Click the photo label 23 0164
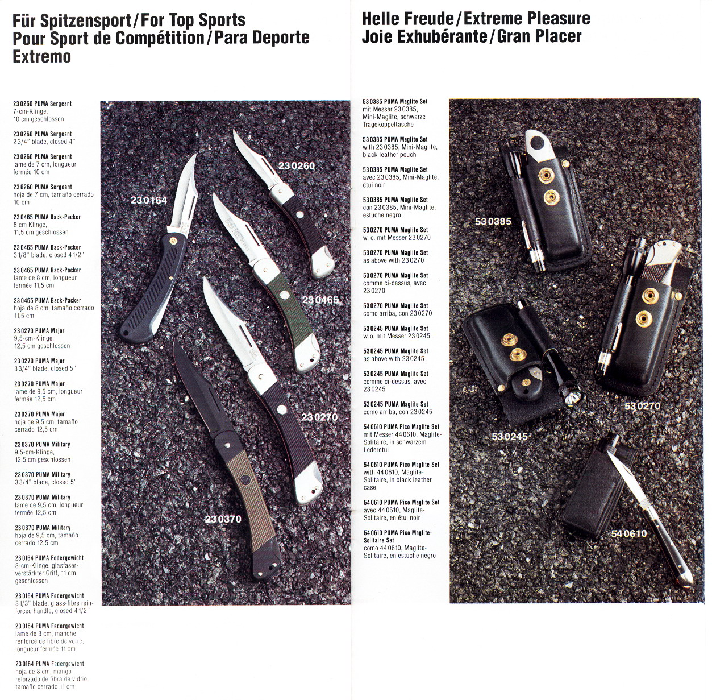point(148,200)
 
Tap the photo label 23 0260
point(297,166)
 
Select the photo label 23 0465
point(320,300)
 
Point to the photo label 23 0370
point(223,519)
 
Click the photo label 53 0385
point(493,222)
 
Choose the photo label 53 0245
point(510,437)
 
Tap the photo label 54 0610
point(629,533)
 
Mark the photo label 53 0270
point(642,407)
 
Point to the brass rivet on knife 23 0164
point(172,241)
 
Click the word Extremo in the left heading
point(41,56)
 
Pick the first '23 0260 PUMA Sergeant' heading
point(43,104)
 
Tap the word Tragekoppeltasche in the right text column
point(388,124)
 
